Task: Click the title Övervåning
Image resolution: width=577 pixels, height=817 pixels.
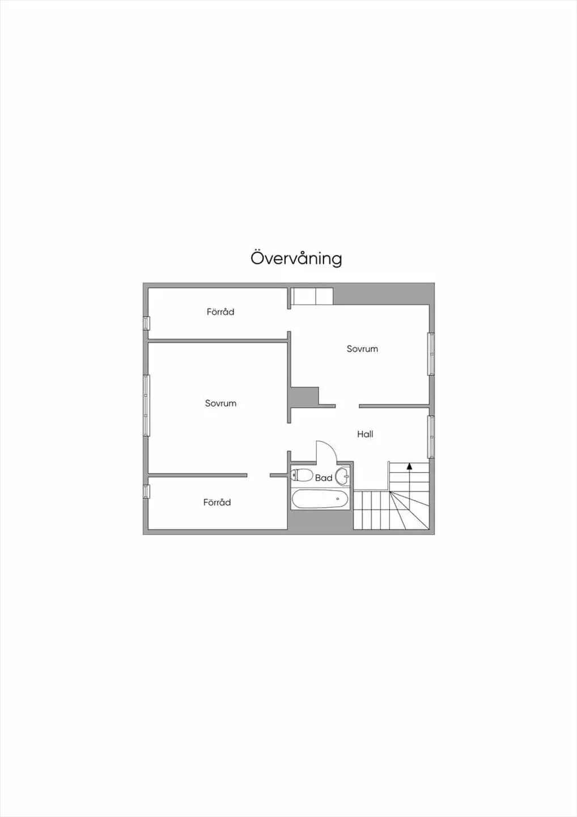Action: [x=296, y=259]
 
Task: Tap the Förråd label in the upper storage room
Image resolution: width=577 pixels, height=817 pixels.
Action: [x=220, y=312]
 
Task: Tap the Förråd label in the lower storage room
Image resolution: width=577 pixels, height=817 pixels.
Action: [x=217, y=502]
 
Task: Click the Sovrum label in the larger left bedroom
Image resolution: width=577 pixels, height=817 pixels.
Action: [x=220, y=403]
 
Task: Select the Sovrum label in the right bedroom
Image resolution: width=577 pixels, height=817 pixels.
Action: [x=362, y=349]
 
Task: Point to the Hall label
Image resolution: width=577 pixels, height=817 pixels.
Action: [x=365, y=434]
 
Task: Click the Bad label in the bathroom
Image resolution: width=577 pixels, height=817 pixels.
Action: [x=324, y=478]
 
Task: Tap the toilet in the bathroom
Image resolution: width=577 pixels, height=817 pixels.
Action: [x=302, y=475]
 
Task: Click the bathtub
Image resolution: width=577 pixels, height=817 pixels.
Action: [x=320, y=499]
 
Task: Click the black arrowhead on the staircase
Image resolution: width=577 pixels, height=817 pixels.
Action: [x=409, y=466]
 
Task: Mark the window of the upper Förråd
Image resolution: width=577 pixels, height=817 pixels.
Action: [x=146, y=323]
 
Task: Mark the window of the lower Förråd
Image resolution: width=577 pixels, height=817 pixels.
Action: [x=146, y=491]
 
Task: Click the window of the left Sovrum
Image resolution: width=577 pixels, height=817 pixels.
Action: [x=146, y=406]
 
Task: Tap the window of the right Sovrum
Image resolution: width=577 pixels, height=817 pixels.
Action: [x=431, y=354]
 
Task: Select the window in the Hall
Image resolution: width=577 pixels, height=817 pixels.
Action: [x=431, y=437]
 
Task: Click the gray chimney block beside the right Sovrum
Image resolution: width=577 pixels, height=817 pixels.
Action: [x=305, y=397]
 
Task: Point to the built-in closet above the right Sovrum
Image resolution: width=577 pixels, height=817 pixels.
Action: [x=312, y=296]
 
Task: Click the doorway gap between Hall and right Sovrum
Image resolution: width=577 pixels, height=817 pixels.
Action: [x=347, y=406]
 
